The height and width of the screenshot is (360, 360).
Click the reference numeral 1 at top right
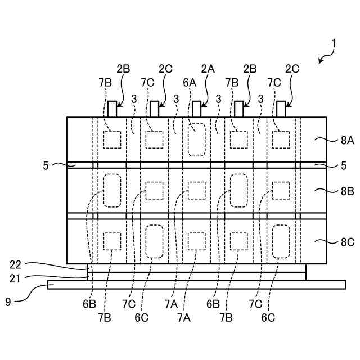(x=333, y=43)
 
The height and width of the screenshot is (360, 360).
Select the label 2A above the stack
(x=208, y=69)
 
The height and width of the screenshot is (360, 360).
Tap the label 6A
(x=189, y=82)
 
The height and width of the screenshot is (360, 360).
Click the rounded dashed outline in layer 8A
(x=197, y=139)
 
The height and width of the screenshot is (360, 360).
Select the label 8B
(x=347, y=191)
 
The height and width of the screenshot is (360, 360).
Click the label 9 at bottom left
(x=8, y=301)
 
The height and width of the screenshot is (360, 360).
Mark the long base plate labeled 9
(x=197, y=285)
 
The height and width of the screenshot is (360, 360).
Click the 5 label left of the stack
(x=45, y=165)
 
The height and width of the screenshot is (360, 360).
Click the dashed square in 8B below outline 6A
(x=197, y=190)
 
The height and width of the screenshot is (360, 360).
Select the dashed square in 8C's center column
(x=197, y=241)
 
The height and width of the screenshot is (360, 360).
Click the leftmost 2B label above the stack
(x=123, y=69)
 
